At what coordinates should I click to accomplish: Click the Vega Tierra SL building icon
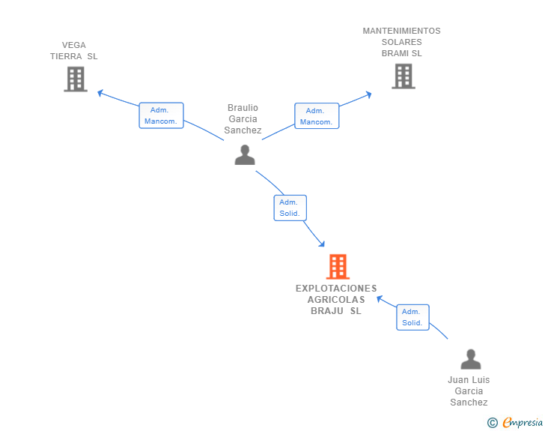(76, 79)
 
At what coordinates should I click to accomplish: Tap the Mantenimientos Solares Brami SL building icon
(403, 76)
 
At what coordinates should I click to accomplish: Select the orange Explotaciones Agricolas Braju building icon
(338, 267)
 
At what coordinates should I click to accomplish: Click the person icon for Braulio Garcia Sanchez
(245, 154)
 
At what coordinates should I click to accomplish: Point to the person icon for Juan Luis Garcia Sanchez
(470, 359)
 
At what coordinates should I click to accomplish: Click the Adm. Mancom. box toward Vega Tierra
(161, 115)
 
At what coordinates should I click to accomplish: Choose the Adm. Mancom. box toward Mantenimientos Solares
(316, 115)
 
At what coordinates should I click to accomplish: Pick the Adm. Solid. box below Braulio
(290, 208)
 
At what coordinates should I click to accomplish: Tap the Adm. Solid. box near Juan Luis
(412, 317)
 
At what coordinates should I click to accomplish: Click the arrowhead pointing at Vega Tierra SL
(100, 92)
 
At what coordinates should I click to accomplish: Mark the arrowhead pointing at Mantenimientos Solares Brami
(368, 94)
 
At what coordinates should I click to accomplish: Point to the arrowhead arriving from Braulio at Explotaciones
(322, 244)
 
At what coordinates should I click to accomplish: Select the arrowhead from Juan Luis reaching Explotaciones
(380, 297)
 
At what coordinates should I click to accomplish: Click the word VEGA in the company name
(74, 45)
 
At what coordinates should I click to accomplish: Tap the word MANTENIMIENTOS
(401, 31)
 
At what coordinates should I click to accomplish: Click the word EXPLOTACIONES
(336, 288)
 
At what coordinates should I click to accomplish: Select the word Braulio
(243, 108)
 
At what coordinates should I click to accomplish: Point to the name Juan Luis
(469, 380)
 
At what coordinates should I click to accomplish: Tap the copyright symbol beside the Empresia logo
(493, 423)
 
